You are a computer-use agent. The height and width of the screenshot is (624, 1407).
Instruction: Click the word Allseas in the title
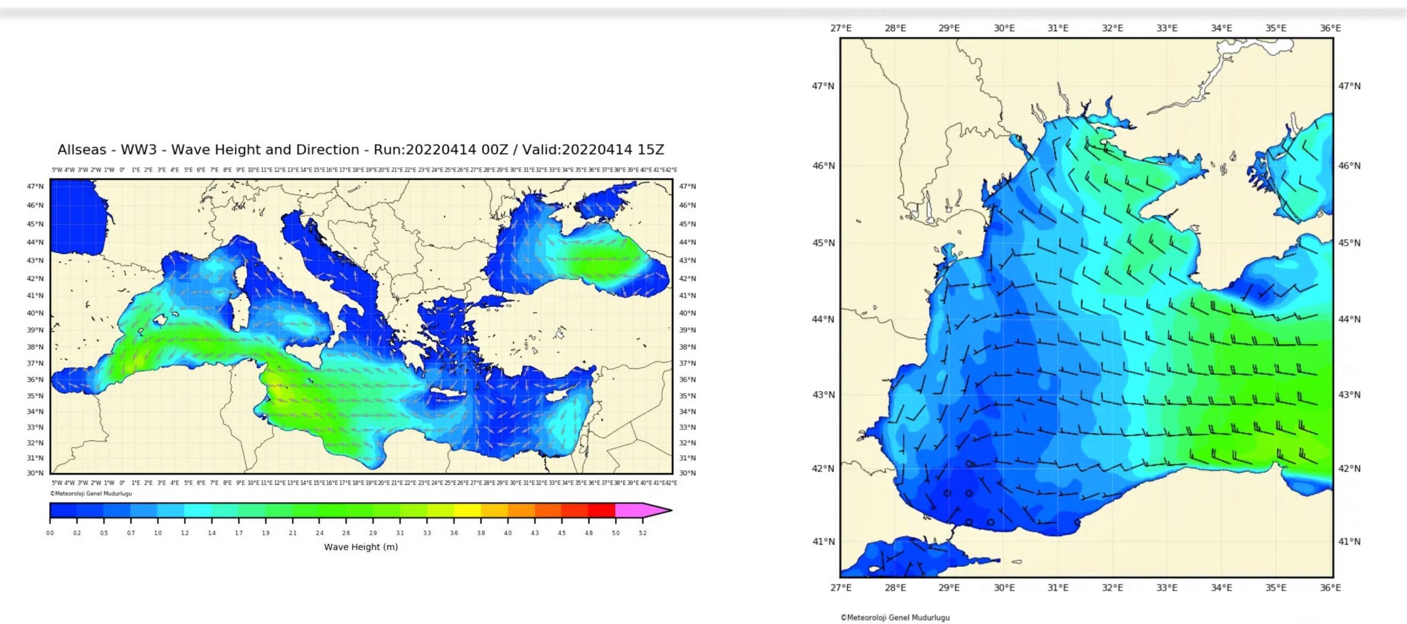tap(82, 150)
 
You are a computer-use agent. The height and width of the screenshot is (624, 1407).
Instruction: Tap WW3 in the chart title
tap(139, 150)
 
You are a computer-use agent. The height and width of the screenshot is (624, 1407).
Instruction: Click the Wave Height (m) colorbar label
tap(361, 547)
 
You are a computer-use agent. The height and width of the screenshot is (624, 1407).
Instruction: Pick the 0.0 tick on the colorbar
tap(50, 533)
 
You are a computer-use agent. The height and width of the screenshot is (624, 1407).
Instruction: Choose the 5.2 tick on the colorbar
tap(642, 533)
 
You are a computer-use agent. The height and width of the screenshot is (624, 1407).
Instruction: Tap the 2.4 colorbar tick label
tap(319, 533)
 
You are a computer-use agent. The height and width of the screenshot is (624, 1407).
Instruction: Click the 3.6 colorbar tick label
tap(454, 533)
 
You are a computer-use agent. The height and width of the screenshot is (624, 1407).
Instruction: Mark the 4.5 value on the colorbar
tap(562, 533)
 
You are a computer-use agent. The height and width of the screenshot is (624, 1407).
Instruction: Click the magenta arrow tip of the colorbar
tap(657, 511)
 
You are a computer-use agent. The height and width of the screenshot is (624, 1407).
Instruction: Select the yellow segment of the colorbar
tap(467, 511)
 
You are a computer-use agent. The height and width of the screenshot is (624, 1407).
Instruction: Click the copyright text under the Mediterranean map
tap(91, 494)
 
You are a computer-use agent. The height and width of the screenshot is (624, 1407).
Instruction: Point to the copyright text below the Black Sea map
tap(895, 617)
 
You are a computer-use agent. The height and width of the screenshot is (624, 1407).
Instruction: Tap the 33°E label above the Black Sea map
tap(1167, 28)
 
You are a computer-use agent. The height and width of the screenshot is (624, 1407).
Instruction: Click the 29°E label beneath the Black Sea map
tap(949, 588)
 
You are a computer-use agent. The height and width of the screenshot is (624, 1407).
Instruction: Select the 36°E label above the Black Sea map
tap(1330, 28)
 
